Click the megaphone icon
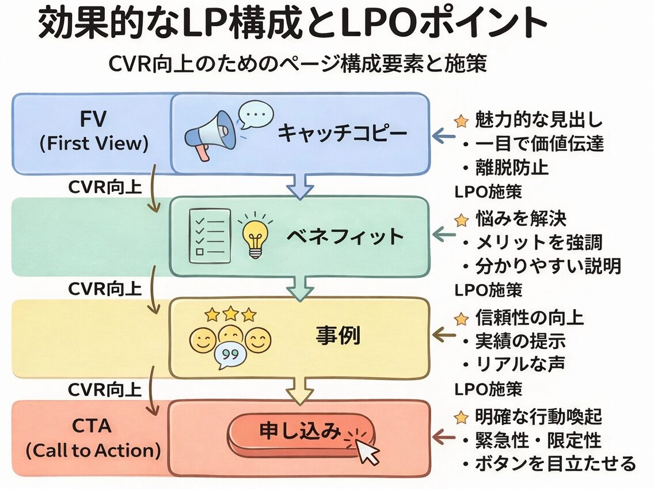tap(211, 135)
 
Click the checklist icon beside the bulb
tap(209, 236)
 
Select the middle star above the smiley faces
tap(230, 314)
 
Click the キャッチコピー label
tap(342, 134)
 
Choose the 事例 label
tap(338, 336)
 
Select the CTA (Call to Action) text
tap(93, 438)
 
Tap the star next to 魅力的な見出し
tap(461, 121)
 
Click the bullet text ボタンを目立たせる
tap(554, 463)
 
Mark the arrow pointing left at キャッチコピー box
tap(443, 137)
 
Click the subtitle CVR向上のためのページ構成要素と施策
tap(298, 63)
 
